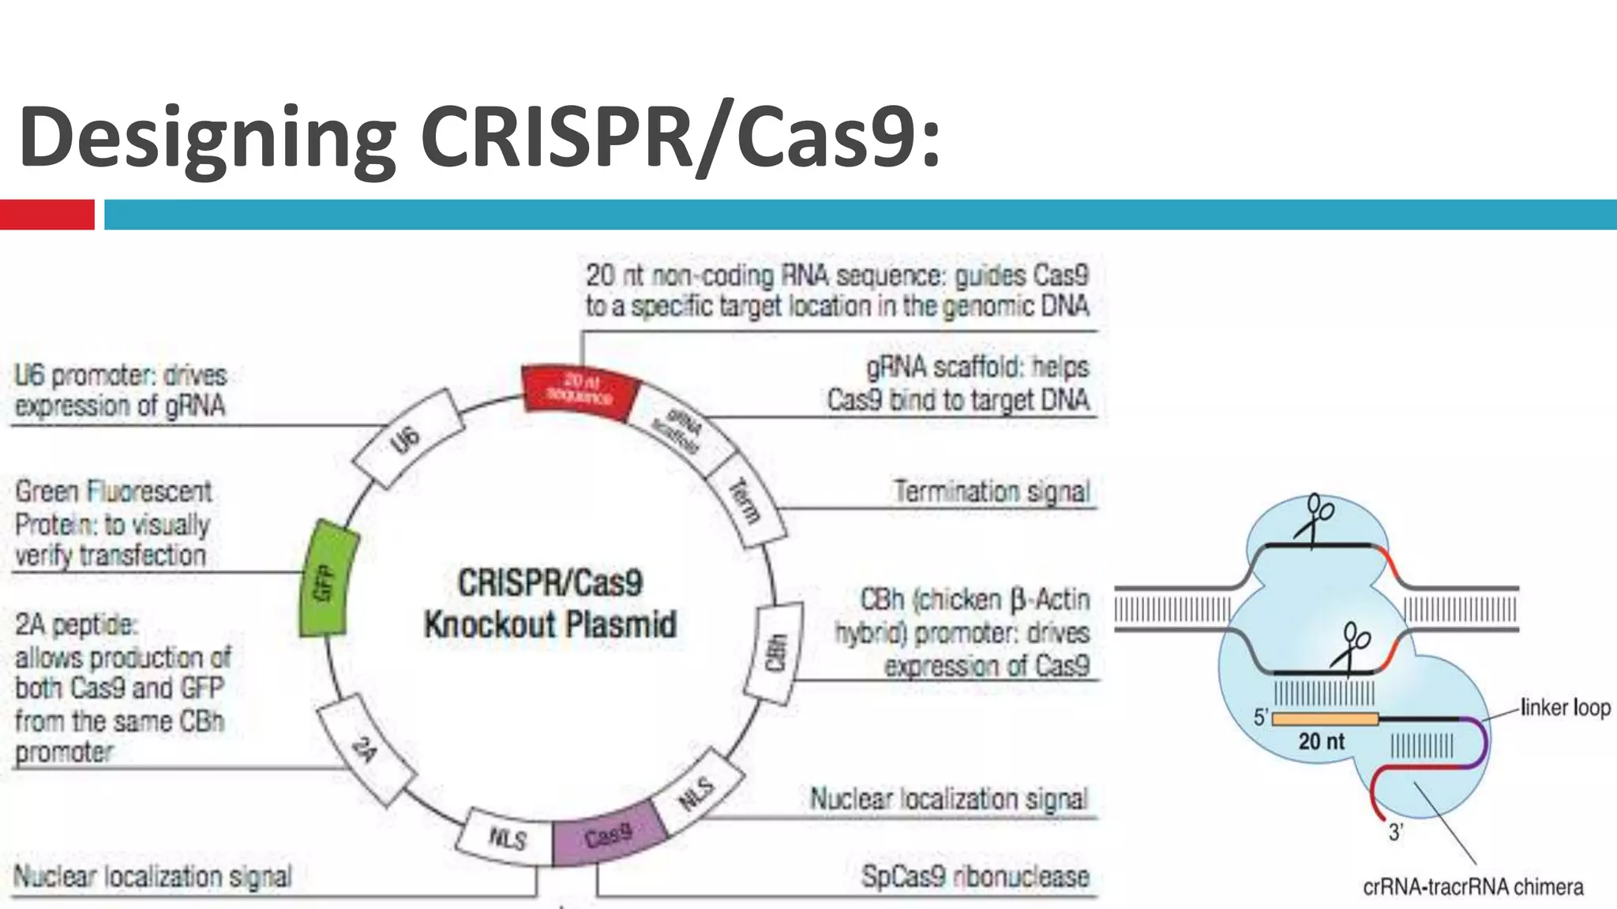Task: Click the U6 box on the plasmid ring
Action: [406, 439]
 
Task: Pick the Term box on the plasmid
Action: [745, 501]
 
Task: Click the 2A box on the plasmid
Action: [365, 749]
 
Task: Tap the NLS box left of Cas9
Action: [506, 836]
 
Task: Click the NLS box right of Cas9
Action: [696, 792]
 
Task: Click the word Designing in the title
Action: [207, 137]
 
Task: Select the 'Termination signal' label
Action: [992, 491]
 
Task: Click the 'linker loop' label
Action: [1565, 707]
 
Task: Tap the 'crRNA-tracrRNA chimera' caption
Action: [1473, 887]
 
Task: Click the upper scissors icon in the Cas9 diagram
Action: [1317, 517]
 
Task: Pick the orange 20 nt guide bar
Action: [1325, 719]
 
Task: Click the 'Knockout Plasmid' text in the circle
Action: [550, 625]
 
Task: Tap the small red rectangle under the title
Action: [47, 215]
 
